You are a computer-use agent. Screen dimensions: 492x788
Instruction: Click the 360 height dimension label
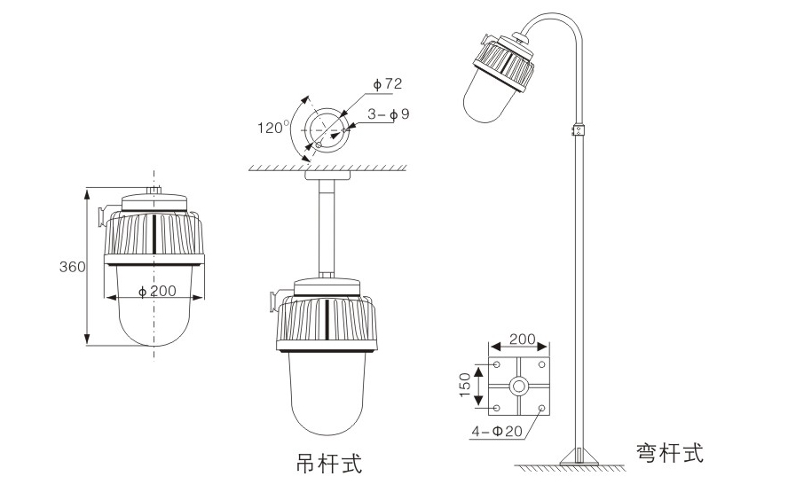coord(72,267)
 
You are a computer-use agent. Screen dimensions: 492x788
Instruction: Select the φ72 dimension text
coord(388,84)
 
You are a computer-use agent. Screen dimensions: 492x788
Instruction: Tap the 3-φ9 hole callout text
coord(389,114)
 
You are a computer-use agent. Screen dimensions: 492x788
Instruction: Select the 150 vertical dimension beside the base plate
coord(465,386)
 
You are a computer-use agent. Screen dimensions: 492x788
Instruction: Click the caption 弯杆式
coord(670,454)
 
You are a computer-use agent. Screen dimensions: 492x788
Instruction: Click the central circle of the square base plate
coord(518,387)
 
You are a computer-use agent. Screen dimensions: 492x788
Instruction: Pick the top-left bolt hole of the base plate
coord(496,365)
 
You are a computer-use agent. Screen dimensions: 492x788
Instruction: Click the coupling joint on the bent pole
coord(579,130)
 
